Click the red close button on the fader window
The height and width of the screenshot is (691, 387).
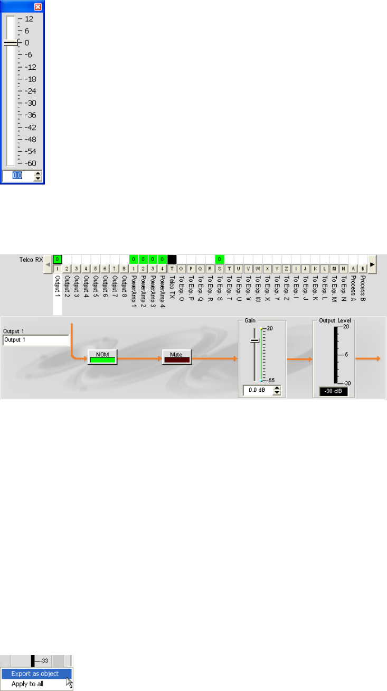38,7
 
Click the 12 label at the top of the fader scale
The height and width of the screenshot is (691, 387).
29,19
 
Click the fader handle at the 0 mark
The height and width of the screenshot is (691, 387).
11,42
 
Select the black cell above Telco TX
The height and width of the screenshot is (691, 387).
172,260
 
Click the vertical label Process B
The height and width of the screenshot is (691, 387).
363,288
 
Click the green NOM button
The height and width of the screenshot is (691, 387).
102,357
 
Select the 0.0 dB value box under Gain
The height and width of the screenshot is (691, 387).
257,390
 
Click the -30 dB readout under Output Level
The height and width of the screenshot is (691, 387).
334,391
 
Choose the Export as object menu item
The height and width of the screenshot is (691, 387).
35,674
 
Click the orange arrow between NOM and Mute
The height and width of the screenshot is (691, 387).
140,358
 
